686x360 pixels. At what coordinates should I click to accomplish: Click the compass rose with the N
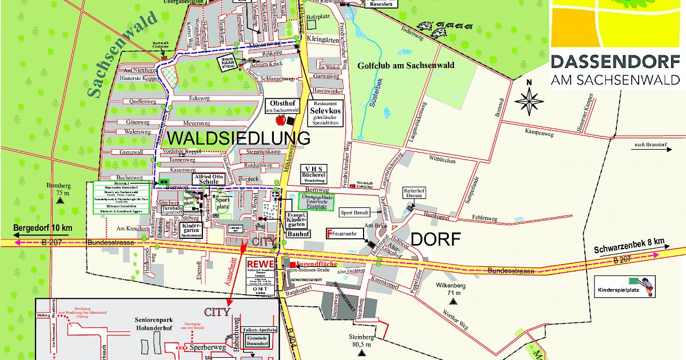tap(529, 101)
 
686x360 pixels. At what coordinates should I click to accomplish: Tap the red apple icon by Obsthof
tap(281, 120)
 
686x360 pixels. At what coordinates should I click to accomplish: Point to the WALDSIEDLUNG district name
tap(238, 138)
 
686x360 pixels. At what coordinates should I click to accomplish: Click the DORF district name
tap(435, 240)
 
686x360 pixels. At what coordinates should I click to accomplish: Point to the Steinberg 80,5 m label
tap(362, 341)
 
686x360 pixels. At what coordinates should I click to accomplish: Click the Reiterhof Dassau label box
tap(416, 194)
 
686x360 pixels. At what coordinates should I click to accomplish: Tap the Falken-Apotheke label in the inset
tap(260, 330)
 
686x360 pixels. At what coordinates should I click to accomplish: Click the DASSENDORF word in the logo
tap(615, 62)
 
